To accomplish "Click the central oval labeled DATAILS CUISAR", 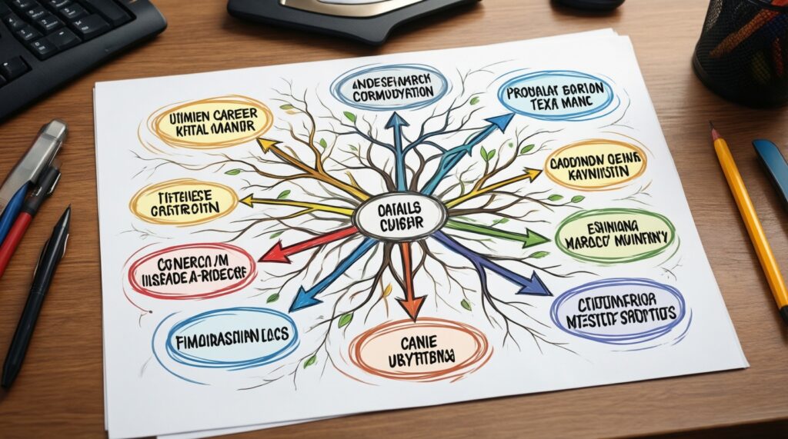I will coord(399,215).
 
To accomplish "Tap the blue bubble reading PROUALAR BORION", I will coord(558,95).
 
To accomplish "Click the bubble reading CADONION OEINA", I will coord(595,165).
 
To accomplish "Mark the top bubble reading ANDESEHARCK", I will coord(390,88).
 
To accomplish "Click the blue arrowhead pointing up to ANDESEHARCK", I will coord(397,122).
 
